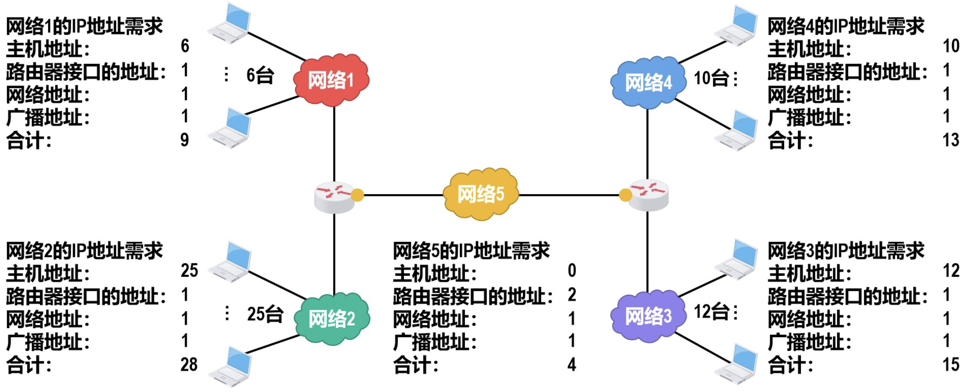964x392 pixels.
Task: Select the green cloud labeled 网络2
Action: click(332, 319)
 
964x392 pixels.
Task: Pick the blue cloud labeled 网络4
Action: click(648, 83)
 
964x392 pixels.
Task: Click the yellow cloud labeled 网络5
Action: click(481, 194)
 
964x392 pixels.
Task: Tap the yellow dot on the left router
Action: click(358, 195)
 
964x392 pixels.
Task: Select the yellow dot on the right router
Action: click(625, 195)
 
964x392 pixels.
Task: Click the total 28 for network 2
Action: click(189, 365)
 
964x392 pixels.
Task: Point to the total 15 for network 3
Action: click(950, 365)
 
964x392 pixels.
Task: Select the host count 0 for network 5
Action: click(572, 270)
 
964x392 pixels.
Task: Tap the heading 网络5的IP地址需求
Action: click(471, 251)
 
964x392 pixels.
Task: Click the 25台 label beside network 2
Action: click(265, 314)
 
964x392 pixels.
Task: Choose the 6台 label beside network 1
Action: click(260, 75)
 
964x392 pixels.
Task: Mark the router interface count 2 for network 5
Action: click(572, 295)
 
